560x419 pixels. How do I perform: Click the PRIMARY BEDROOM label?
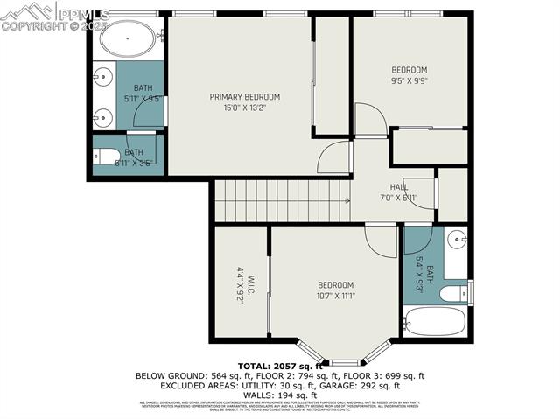coord(244,96)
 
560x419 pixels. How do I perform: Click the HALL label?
coord(398,187)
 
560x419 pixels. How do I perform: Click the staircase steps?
coord(280,200)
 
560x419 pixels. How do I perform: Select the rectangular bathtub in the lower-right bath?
coord(434,324)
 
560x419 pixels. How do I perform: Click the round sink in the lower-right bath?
coord(456,239)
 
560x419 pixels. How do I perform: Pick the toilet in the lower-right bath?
coord(453,293)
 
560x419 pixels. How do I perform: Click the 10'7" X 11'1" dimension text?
coord(335,296)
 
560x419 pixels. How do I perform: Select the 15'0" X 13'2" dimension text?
coord(244,108)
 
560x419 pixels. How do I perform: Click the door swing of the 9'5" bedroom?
coord(369,120)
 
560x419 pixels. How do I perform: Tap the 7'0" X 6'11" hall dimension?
coord(398,197)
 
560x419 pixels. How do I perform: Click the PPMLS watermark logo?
coord(54,15)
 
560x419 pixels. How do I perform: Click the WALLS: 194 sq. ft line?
coord(279,395)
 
